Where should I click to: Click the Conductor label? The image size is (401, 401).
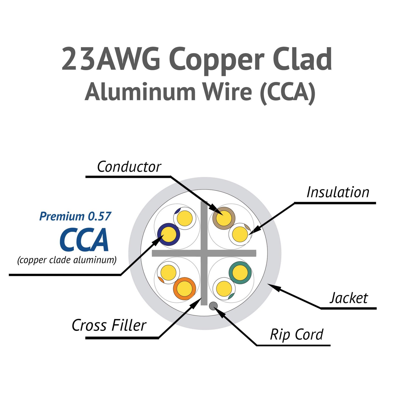129,167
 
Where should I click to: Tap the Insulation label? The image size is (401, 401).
338,192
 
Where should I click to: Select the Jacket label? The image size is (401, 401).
349,298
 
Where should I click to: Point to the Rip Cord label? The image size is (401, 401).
296,335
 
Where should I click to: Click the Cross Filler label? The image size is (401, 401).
109,325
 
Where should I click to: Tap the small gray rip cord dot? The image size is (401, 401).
213,306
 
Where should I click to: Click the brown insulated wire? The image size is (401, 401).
224,218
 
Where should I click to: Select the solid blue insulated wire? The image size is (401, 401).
169,234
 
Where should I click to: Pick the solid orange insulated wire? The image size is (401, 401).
184,288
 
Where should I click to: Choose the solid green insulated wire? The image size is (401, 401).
240,273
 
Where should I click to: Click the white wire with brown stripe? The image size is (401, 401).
240,234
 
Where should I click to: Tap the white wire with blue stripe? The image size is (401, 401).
185,218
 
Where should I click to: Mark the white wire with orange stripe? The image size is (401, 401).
168,273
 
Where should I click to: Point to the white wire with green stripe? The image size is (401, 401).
224,288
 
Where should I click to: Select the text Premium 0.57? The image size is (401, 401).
75,216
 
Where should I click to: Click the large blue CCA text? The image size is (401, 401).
84,240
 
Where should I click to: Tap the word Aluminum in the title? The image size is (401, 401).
140,92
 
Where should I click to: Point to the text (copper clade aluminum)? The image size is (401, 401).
67,260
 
